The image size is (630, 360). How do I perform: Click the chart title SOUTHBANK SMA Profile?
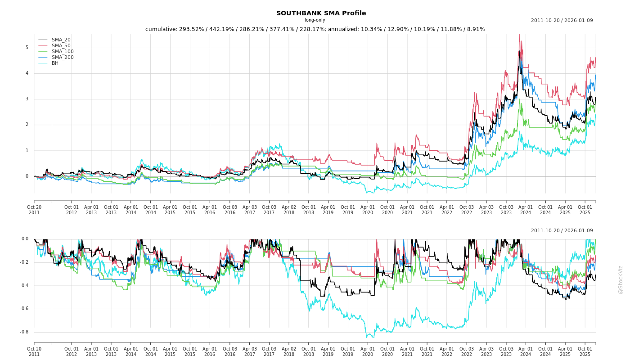[321, 13]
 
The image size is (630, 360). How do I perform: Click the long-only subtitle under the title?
[315, 20]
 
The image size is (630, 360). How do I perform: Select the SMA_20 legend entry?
[61, 40]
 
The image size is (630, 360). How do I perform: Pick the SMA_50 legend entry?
[61, 46]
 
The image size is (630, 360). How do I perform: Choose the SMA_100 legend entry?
[63, 52]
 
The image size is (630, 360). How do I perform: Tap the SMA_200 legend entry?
[63, 58]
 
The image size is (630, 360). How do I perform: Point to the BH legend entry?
[55, 63]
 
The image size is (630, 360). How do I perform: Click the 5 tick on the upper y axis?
[27, 48]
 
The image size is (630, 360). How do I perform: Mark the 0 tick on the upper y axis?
[27, 176]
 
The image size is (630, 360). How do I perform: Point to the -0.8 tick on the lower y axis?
[24, 332]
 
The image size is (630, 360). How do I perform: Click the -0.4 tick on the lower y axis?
[24, 285]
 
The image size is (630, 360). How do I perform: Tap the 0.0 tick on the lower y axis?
[25, 239]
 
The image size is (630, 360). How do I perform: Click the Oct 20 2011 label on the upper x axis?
[34, 210]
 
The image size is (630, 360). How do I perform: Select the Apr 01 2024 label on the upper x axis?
[526, 210]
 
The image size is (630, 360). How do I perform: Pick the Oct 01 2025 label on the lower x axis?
[585, 351]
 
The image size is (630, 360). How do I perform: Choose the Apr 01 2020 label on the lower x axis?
[368, 351]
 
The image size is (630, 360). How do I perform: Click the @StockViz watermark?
[621, 279]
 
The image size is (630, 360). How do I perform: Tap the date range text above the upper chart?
[562, 20]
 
